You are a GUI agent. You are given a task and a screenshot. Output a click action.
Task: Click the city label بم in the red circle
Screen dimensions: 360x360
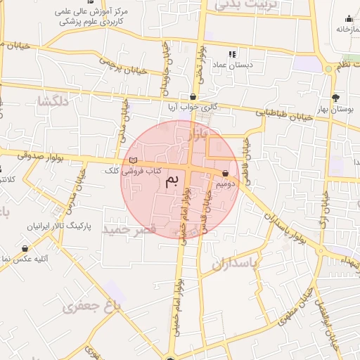172,181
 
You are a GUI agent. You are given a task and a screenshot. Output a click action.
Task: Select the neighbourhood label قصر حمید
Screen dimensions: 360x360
128,230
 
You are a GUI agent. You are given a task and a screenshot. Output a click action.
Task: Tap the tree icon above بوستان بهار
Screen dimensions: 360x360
335,98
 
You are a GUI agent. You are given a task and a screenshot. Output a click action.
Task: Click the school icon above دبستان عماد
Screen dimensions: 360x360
233,53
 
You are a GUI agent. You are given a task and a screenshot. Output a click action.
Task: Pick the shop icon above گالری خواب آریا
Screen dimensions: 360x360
193,96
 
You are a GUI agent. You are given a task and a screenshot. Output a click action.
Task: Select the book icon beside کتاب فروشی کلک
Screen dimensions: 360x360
134,162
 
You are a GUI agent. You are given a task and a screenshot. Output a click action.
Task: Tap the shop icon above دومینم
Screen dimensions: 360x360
225,172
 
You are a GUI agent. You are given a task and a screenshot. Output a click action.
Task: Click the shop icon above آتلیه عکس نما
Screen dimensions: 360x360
25,247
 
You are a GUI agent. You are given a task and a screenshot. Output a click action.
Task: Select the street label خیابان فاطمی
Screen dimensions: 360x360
246,156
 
